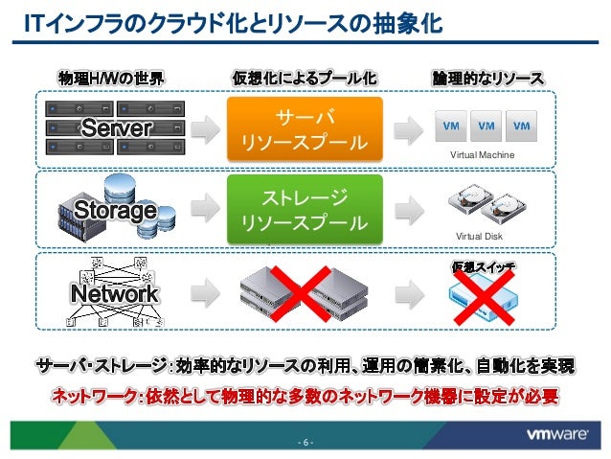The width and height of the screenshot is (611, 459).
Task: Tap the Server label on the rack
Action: (116, 128)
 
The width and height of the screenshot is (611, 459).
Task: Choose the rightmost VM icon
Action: (522, 126)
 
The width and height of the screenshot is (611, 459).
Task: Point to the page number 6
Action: (305, 442)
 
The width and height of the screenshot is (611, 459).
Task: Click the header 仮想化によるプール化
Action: (305, 77)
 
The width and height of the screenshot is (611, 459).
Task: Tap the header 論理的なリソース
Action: (487, 77)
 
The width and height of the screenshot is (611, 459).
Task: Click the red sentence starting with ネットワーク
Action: (305, 395)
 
